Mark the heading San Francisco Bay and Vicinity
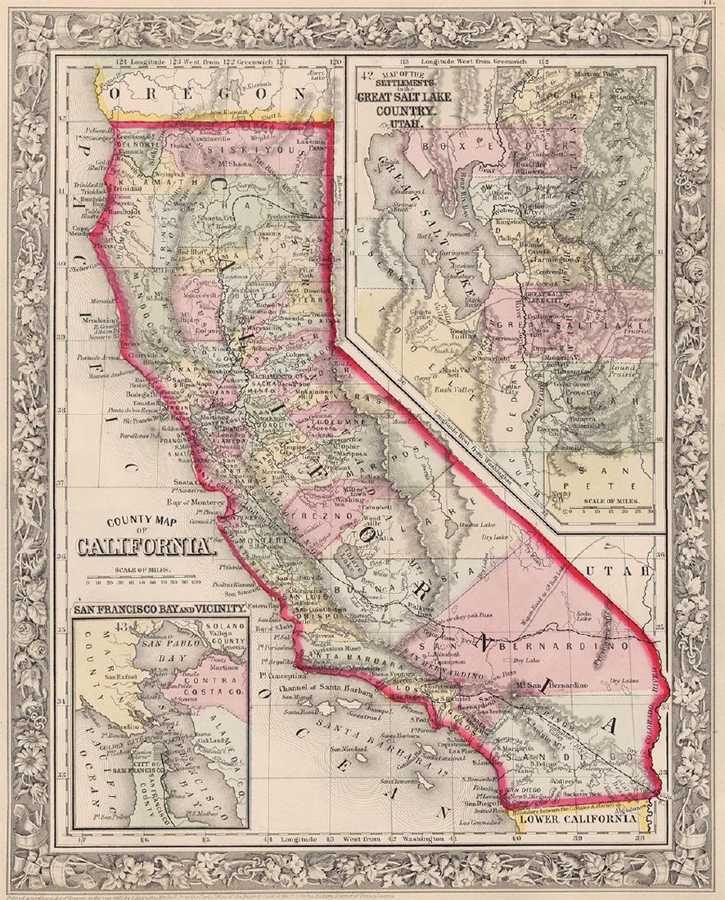tap(160, 610)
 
